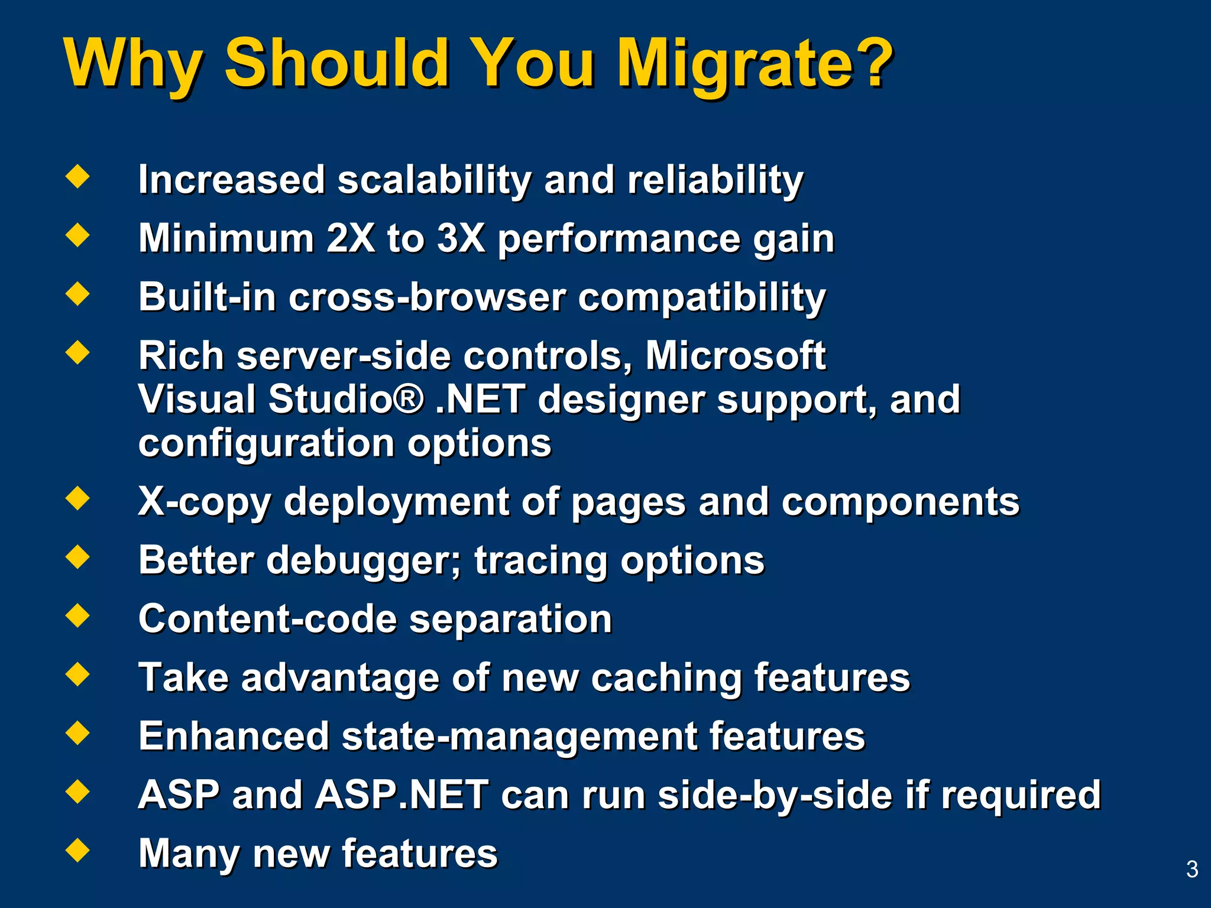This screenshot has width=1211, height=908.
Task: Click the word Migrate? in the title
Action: [x=754, y=64]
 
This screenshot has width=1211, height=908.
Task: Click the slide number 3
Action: [x=1192, y=869]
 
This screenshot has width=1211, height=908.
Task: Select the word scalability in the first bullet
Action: [x=434, y=180]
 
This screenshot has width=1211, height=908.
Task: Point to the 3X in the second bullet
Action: [x=461, y=238]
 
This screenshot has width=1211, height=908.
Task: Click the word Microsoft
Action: [x=735, y=356]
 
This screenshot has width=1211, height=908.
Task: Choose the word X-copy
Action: [x=204, y=502]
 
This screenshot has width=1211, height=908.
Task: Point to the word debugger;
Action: [x=363, y=560]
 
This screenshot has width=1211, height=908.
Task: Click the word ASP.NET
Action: [x=402, y=794]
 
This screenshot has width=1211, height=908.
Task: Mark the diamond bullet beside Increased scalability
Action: [x=78, y=176]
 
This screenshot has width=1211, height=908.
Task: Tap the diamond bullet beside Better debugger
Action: [x=78, y=557]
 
